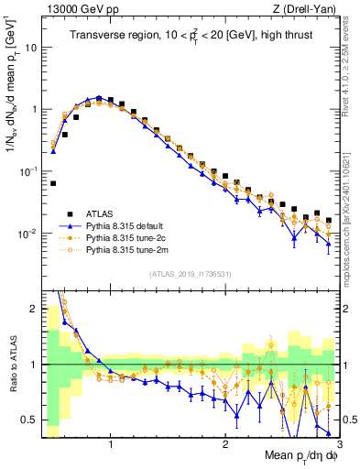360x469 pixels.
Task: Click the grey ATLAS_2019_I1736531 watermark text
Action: pyautogui.click(x=191, y=274)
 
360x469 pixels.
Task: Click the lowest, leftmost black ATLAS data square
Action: pyautogui.click(x=53, y=183)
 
